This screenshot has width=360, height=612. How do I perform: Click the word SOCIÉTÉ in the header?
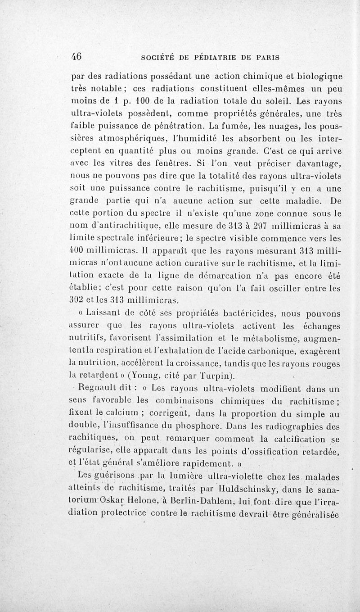click(x=157, y=58)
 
